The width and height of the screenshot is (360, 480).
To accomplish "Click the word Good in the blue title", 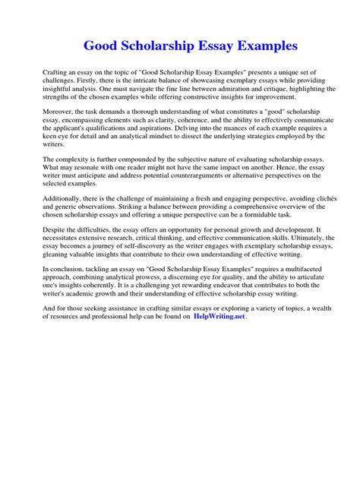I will coord(103,45).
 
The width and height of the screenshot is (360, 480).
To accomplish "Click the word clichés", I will coord(309,196).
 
